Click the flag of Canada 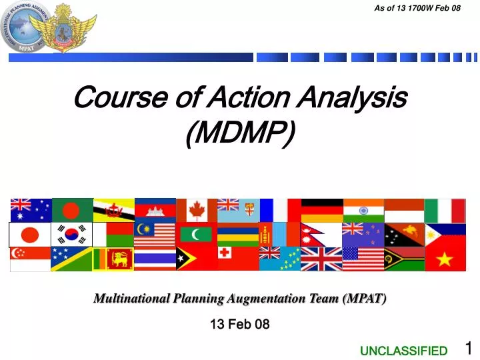[x=196, y=210]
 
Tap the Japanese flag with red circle [x=30, y=235]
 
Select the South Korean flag [x=71, y=235]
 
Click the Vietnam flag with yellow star [x=445, y=259]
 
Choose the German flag [x=321, y=210]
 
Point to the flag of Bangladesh [x=71, y=210]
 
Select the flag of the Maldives [x=196, y=235]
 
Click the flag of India [x=363, y=210]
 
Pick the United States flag [x=363, y=259]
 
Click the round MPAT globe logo [x=26, y=28]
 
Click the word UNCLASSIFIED [x=403, y=351]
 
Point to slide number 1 [x=468, y=348]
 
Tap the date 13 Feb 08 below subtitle [x=239, y=325]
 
